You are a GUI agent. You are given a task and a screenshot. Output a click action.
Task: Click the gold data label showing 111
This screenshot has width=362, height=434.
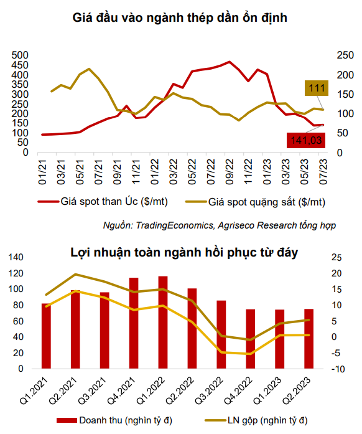[x=317, y=88]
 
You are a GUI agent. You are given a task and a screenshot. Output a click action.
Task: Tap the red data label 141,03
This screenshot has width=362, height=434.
[x=306, y=140]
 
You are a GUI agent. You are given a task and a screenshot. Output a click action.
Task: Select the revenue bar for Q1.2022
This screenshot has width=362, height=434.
[x=163, y=322]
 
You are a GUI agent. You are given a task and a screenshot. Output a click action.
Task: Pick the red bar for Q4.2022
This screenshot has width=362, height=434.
[x=250, y=339]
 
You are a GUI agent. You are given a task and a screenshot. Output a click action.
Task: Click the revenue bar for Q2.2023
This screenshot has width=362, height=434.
[x=309, y=339]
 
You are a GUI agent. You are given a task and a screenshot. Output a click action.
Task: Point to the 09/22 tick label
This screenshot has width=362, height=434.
[x=230, y=172]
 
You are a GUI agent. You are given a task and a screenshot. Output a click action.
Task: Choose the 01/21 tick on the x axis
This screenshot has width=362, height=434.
[x=42, y=172]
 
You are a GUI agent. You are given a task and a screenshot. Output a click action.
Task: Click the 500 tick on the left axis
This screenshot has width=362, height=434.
[x=20, y=55]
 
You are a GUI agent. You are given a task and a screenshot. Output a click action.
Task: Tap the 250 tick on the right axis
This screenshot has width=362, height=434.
[x=345, y=55]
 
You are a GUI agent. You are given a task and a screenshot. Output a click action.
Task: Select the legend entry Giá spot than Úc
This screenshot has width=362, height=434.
[x=103, y=202]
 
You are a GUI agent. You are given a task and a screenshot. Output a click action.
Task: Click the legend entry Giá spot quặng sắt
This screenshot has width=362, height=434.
[x=255, y=202]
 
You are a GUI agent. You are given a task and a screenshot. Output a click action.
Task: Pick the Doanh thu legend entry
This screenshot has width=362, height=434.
[x=114, y=420]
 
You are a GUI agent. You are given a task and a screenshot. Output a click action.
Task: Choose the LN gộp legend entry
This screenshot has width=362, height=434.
[x=256, y=420]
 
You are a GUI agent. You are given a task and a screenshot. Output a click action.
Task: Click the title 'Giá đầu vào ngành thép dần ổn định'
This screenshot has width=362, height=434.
[x=180, y=17]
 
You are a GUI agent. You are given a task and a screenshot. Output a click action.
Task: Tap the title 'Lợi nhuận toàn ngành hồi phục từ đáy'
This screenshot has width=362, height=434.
[x=184, y=252]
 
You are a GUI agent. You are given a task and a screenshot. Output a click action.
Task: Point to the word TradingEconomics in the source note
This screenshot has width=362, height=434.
[x=174, y=225]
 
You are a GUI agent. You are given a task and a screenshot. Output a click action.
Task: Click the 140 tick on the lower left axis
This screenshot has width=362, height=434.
[x=16, y=257]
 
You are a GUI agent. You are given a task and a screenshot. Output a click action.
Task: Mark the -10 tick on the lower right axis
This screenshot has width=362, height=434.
[x=338, y=369]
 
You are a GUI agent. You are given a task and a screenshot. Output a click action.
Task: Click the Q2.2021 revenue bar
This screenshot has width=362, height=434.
[x=75, y=329]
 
